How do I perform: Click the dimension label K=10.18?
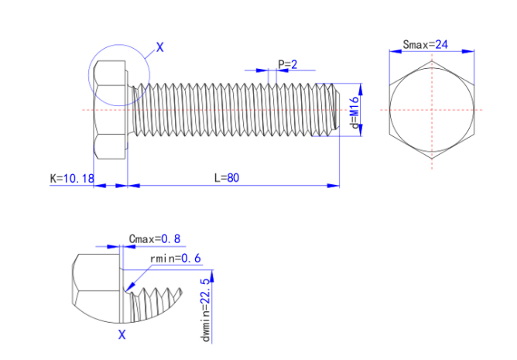pyautogui.click(x=71, y=178)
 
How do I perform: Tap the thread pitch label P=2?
pyautogui.click(x=287, y=64)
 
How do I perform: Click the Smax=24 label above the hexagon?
pyautogui.click(x=426, y=44)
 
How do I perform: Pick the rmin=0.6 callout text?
pyautogui.click(x=174, y=258)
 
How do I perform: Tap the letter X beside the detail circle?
pyautogui.click(x=160, y=47)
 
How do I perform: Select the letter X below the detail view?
pyautogui.click(x=122, y=335)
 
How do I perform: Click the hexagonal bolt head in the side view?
pyautogui.click(x=109, y=111)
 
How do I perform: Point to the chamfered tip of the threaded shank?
pyautogui.click(x=335, y=109)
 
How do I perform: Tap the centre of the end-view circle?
pyautogui.click(x=433, y=110)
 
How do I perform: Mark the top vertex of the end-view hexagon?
pyautogui.click(x=433, y=63)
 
